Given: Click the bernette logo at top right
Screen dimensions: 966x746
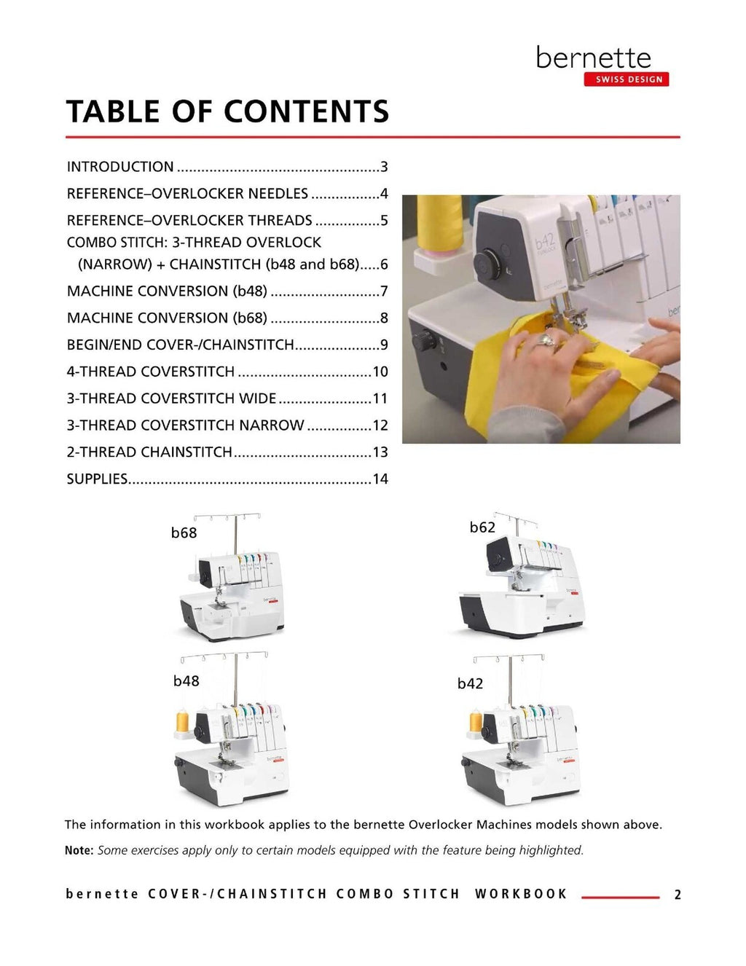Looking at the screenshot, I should tap(593, 58).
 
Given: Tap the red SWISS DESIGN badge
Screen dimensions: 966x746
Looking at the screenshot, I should tap(627, 79).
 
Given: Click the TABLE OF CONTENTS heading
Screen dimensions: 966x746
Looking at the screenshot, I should tap(227, 112).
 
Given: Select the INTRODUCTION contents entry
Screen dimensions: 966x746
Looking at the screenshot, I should tap(120, 167).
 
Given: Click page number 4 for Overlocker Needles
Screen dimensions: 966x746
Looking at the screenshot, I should tap(384, 194).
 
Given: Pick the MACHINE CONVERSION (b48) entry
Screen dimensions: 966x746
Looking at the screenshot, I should tap(167, 291).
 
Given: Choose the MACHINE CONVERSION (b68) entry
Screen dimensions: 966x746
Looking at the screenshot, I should tap(167, 318).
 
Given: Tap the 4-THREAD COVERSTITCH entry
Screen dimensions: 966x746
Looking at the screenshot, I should tap(151, 372).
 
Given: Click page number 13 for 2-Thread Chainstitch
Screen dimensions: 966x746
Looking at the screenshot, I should tap(380, 452).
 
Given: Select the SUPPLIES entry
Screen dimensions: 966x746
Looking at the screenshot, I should tap(97, 479).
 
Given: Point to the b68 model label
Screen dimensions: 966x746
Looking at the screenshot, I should tap(184, 533).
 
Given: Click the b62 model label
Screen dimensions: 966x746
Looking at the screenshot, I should tap(482, 527).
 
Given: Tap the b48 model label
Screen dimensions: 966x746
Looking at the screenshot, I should tap(186, 681).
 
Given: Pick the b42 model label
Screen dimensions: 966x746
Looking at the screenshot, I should tap(470, 684).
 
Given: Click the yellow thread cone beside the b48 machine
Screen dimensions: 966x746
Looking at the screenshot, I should tap(182, 721).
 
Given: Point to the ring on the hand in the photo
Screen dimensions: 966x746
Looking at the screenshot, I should tap(544, 340).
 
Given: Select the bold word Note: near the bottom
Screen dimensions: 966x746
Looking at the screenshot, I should tap(79, 850).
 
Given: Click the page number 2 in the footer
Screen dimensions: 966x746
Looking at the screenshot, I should tap(678, 895).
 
